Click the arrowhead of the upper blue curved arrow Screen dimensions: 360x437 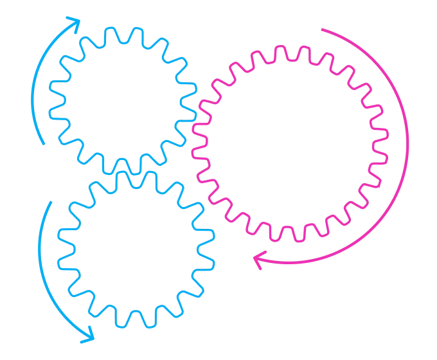coord(76,21)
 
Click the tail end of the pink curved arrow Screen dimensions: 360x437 coord(321,29)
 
